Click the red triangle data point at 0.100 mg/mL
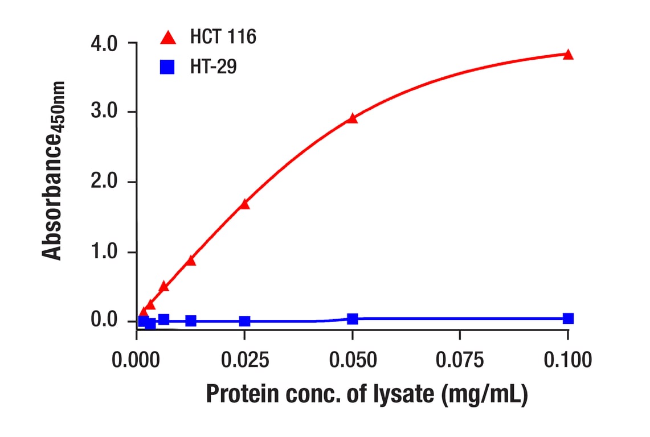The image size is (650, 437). tap(567, 55)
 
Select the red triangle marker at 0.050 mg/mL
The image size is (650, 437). tap(352, 118)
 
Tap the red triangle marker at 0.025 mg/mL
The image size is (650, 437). tap(244, 204)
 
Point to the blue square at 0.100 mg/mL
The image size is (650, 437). tap(567, 318)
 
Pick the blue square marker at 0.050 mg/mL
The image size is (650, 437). tap(352, 319)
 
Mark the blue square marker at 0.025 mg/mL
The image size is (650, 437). tap(244, 321)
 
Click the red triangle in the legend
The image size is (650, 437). tap(168, 38)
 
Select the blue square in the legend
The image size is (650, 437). tap(167, 67)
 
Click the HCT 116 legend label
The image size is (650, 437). tap(223, 38)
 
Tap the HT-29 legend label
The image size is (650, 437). tap(214, 67)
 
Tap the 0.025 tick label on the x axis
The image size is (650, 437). tap(244, 360)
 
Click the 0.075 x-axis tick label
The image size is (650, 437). tap(460, 360)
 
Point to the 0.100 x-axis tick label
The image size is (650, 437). tap(567, 360)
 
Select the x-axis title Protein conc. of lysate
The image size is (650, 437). tap(367, 394)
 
